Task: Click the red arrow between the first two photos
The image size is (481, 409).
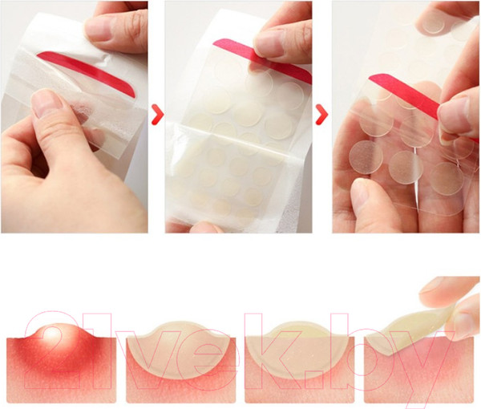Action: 158,115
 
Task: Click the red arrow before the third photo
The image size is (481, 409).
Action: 321,115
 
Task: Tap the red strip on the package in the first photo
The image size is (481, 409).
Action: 87,72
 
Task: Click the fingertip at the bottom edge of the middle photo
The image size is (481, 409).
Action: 204,228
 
